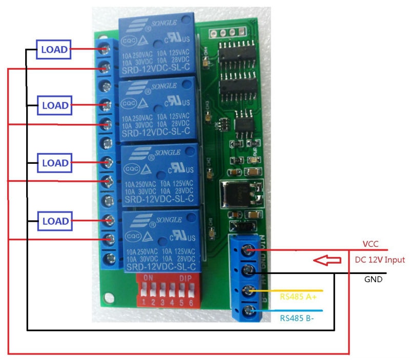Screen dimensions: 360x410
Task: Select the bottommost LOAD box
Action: [54, 221]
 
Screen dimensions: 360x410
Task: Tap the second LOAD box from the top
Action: [54, 105]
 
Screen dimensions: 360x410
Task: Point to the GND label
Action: [373, 280]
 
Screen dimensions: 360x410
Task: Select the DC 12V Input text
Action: [380, 260]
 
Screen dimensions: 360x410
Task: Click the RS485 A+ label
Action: [298, 297]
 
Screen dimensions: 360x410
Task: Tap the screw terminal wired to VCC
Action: [249, 250]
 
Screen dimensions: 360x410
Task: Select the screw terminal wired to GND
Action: [249, 270]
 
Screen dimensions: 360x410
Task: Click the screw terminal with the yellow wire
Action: [249, 290]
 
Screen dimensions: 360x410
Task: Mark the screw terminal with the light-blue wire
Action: [249, 310]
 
